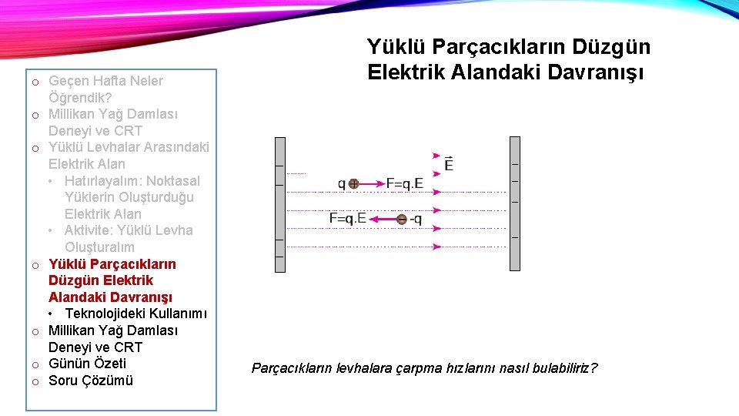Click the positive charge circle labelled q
pos(353,183)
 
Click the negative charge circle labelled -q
pos(401,220)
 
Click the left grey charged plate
pos(280,204)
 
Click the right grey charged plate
pos(515,204)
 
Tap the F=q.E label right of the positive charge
pos(405,183)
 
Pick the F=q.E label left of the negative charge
pos(347,218)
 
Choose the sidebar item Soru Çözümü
pos(91,381)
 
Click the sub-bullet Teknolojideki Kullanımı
pos(135,314)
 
